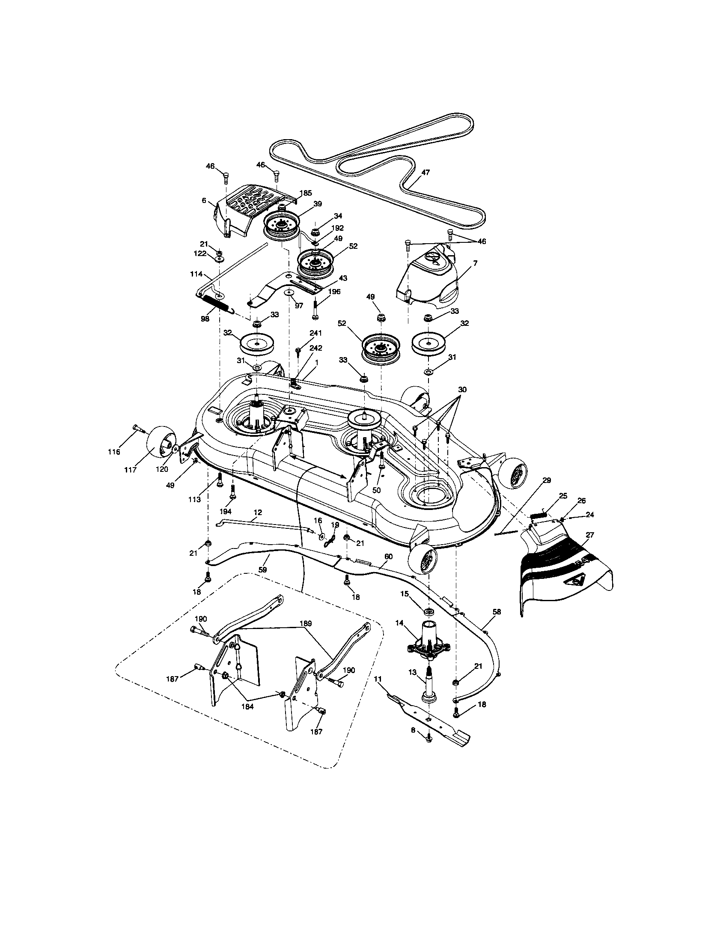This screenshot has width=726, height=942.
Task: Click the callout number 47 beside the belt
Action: click(425, 172)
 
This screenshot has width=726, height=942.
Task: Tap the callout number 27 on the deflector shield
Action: click(590, 535)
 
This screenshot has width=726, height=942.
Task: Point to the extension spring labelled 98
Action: click(217, 303)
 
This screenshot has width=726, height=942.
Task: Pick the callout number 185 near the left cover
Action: click(306, 193)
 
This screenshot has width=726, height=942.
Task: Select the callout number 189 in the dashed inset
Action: click(304, 623)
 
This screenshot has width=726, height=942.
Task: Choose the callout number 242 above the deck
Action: click(315, 348)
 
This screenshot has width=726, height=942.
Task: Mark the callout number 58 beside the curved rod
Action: click(497, 611)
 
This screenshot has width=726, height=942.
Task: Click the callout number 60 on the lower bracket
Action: click(388, 557)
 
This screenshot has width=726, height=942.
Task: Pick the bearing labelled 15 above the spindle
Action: click(429, 611)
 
